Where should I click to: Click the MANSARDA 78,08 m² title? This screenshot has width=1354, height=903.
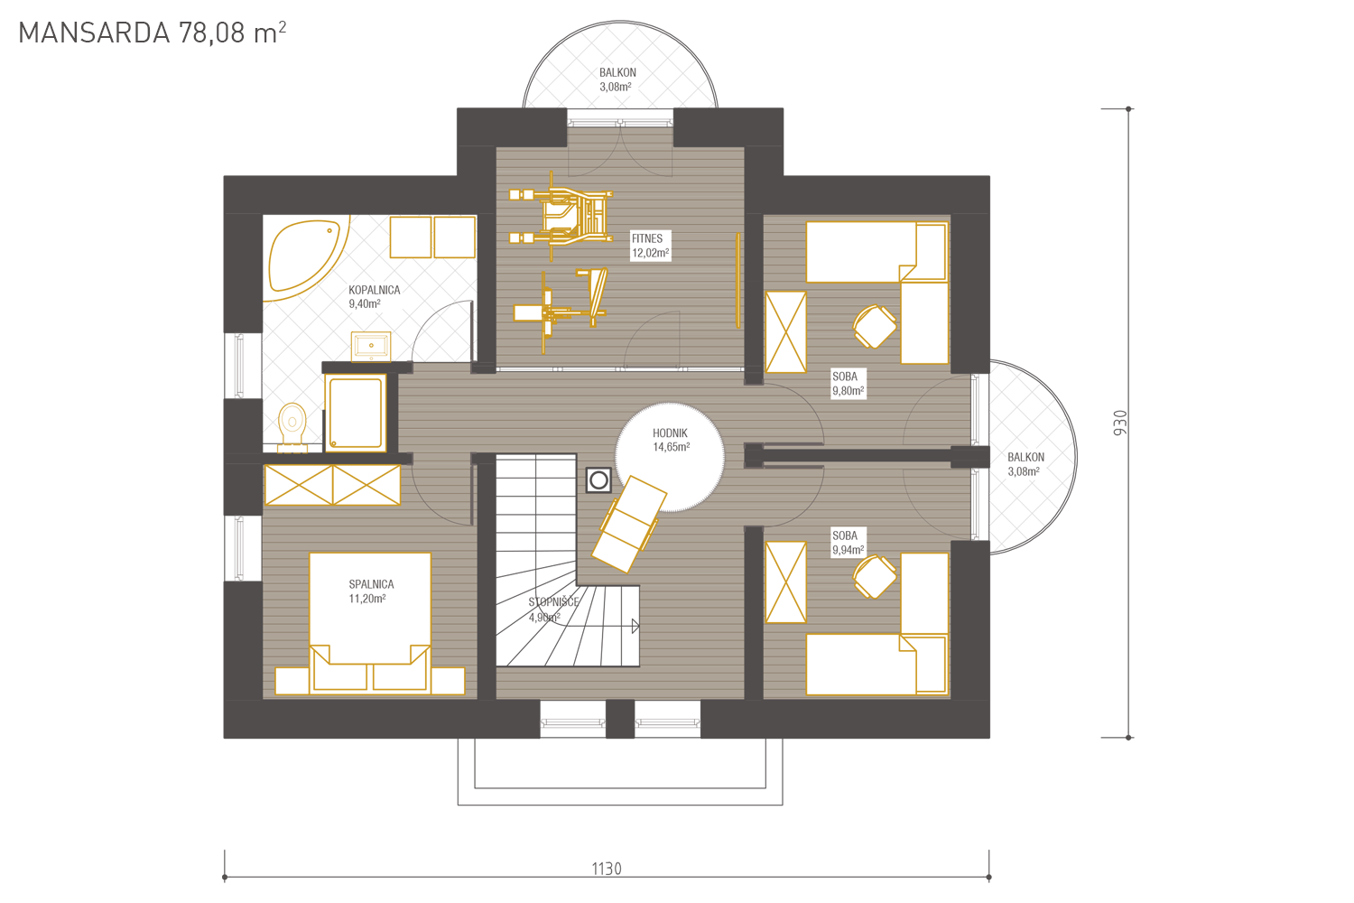[153, 33]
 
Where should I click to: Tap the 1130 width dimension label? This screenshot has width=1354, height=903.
[607, 869]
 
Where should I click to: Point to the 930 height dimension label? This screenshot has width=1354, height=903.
[1120, 423]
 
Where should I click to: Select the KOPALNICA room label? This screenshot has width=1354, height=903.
[375, 291]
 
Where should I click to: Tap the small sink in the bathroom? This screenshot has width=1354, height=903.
[370, 347]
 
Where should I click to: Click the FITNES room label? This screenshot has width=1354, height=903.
[647, 239]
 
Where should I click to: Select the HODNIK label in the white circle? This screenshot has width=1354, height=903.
[670, 433]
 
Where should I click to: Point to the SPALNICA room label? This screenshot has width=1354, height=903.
[371, 584]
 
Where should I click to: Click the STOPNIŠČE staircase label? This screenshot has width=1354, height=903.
[553, 602]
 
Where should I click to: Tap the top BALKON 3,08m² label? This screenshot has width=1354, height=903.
[617, 79]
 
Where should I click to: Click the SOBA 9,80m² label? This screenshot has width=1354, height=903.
[849, 384]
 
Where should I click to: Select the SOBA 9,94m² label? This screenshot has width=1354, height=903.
[849, 543]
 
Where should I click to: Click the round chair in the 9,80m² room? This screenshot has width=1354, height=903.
[875, 327]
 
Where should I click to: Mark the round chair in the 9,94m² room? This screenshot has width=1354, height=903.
[875, 577]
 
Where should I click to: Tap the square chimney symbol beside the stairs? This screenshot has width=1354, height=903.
[598, 480]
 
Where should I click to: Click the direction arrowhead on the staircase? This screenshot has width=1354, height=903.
[635, 626]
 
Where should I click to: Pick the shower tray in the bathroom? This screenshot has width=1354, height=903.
[356, 413]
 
